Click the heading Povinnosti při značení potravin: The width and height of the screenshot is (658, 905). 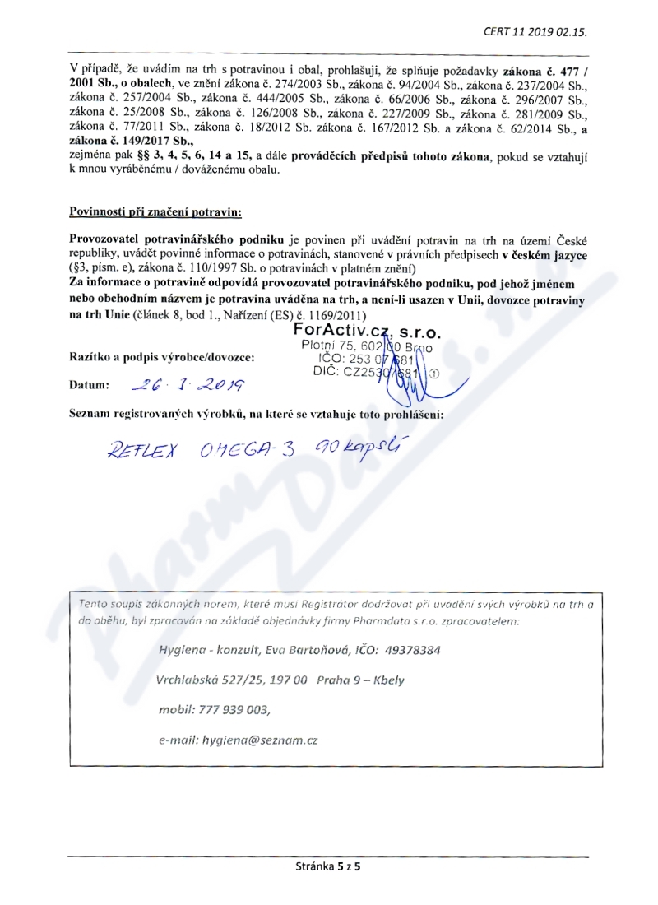pos(155,213)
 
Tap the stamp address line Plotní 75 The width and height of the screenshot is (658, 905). pos(329,346)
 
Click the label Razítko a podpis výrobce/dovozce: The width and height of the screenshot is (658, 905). pos(162,358)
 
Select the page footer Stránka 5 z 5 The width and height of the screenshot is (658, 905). pos(329,866)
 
